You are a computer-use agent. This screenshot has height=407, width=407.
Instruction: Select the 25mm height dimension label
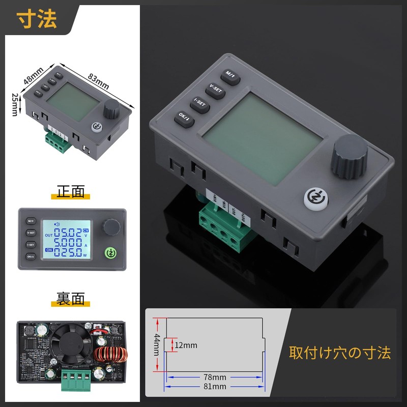pos(16,104)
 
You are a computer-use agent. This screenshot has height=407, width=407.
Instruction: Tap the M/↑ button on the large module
pos(231,75)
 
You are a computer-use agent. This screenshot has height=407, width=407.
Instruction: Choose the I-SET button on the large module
pos(200,103)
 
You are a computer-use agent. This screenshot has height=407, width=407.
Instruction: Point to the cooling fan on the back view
pos(70,347)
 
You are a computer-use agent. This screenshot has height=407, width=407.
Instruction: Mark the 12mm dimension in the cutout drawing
pos(186,345)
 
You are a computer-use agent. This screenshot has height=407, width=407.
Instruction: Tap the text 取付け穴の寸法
pos(340,353)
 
